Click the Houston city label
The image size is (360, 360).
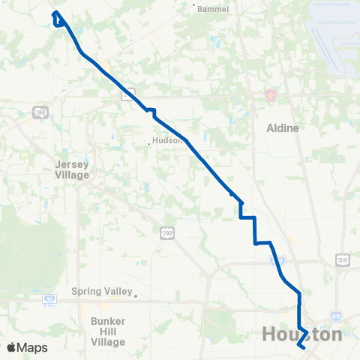(x=302, y=334)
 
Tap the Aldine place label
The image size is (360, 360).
(x=283, y=128)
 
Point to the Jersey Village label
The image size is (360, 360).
(x=72, y=169)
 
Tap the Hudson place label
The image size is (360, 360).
(x=167, y=139)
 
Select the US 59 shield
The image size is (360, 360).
(x=341, y=259)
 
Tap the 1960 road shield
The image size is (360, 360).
(x=40, y=112)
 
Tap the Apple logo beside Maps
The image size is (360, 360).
(x=11, y=347)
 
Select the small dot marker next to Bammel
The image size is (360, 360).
(x=195, y=7)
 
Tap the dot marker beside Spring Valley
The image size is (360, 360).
(x=136, y=295)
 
